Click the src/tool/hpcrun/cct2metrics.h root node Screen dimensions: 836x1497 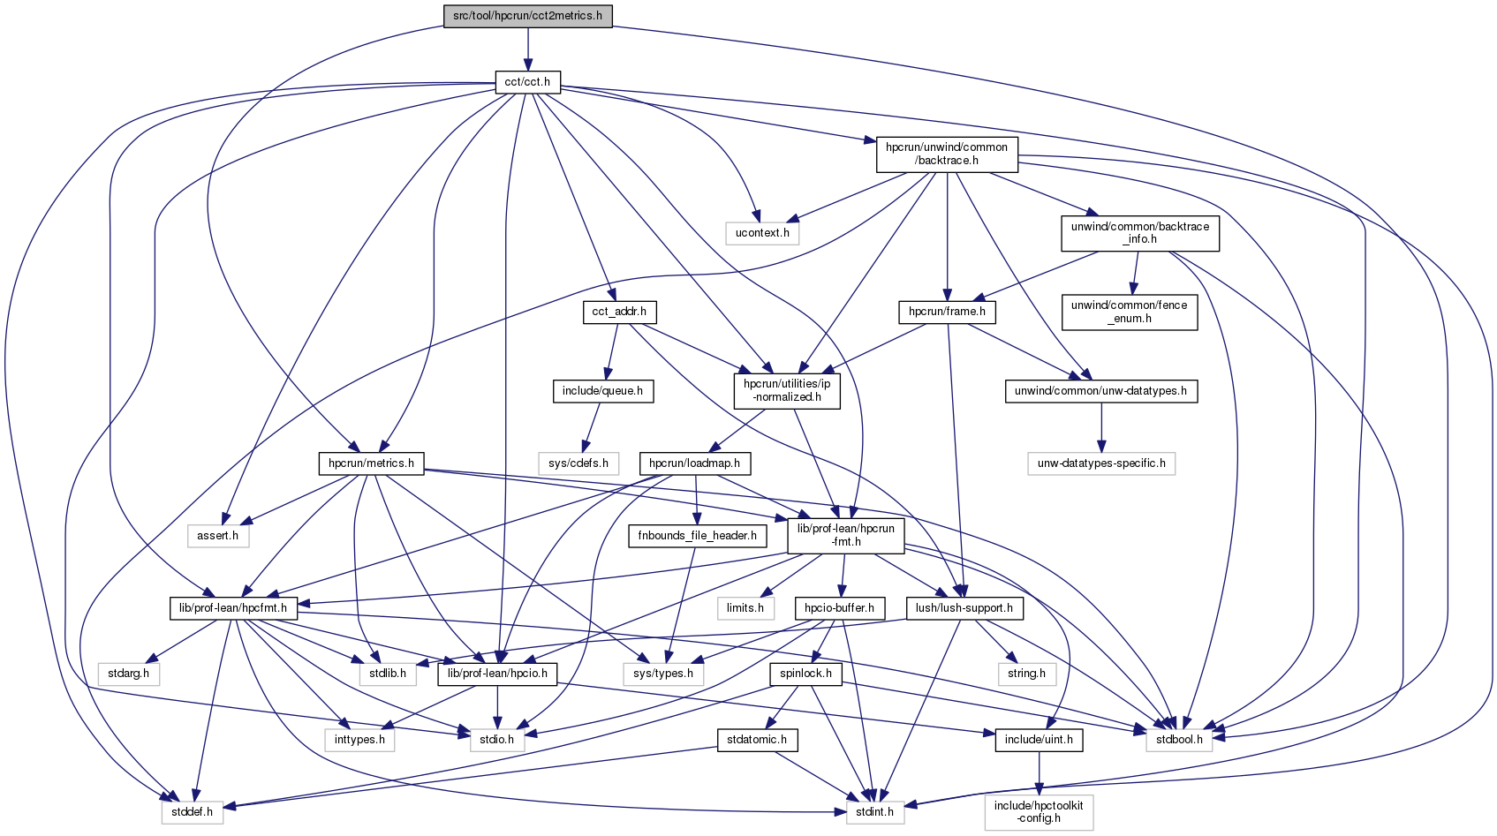pos(527,16)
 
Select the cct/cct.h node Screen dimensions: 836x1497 pos(527,82)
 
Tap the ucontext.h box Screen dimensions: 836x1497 pos(762,233)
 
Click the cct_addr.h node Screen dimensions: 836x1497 pos(619,312)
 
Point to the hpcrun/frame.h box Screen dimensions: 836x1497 pos(947,312)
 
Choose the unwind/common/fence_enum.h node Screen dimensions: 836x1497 pos(1129,312)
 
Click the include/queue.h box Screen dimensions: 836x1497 pos(602,391)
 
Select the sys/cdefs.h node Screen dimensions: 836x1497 pos(578,463)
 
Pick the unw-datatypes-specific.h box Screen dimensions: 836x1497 pos(1101,463)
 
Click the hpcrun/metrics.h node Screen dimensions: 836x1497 pos(371,463)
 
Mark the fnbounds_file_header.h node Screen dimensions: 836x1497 pos(697,536)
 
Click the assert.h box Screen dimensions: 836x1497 pos(218,536)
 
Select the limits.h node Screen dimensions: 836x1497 pos(745,608)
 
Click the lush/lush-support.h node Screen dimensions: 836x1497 pos(964,608)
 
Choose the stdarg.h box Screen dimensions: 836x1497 pos(128,674)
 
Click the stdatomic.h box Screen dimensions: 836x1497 pos(757,740)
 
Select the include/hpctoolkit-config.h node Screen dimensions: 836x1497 pos(1039,812)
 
